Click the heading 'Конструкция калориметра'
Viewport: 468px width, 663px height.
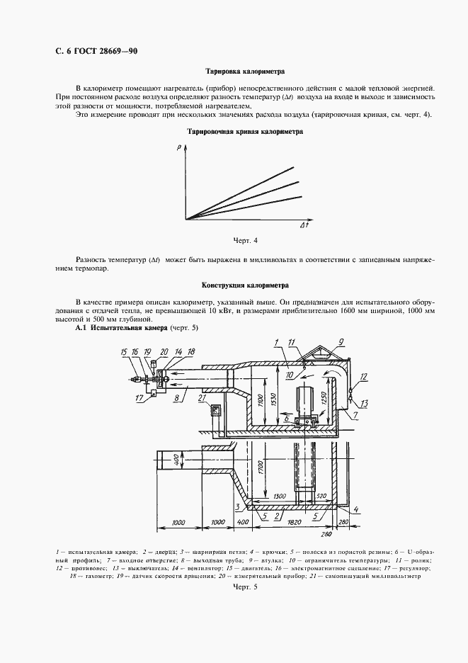coord(244,285)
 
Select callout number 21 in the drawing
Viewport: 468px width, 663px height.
coord(202,398)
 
